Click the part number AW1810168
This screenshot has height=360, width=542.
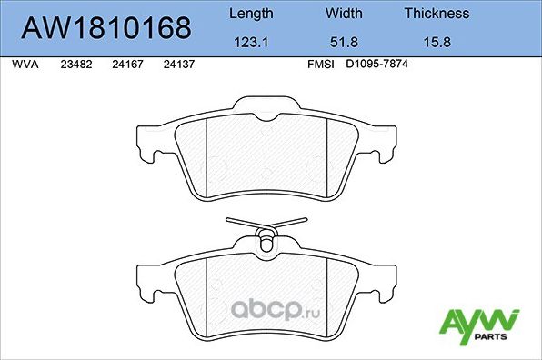[105, 28]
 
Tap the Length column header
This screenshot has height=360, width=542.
[250, 14]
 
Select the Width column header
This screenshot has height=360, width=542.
[344, 14]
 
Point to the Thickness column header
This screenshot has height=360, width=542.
[437, 14]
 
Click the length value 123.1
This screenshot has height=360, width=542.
[250, 42]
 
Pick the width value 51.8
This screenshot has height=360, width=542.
[344, 42]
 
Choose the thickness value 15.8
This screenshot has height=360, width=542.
[437, 42]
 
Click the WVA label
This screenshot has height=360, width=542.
[25, 65]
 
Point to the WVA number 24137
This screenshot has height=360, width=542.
[177, 65]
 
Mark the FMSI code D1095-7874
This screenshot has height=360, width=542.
[377, 65]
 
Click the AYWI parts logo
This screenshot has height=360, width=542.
[478, 323]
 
